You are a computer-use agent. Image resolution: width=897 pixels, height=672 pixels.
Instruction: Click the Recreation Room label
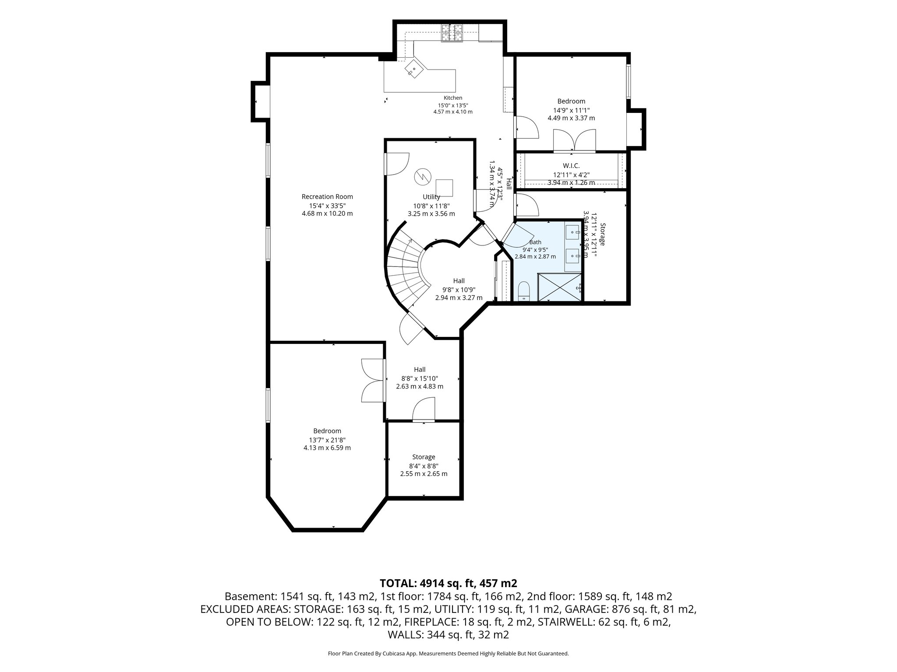(x=327, y=197)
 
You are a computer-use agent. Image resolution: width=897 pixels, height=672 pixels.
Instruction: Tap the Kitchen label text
(x=453, y=98)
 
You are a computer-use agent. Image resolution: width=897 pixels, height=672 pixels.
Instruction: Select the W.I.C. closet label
(x=571, y=166)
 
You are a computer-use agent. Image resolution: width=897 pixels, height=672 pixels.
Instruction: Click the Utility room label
(x=431, y=197)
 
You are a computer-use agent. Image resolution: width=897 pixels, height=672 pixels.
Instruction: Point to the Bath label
(x=535, y=242)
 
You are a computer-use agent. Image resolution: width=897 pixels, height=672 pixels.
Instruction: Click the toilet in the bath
(x=524, y=291)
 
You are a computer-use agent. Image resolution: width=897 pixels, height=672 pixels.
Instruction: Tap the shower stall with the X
(x=560, y=287)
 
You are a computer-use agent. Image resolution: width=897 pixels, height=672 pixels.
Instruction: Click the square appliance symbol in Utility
(x=444, y=188)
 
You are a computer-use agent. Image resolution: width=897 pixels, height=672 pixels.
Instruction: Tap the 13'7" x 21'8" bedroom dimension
(x=327, y=440)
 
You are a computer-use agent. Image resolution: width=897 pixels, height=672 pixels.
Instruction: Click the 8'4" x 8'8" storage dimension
(x=424, y=465)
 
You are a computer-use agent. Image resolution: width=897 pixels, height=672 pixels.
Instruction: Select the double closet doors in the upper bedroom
(x=574, y=140)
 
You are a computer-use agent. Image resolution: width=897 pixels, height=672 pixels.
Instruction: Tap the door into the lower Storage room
(x=424, y=409)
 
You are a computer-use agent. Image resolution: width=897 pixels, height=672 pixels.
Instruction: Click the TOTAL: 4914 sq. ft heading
(x=448, y=583)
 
